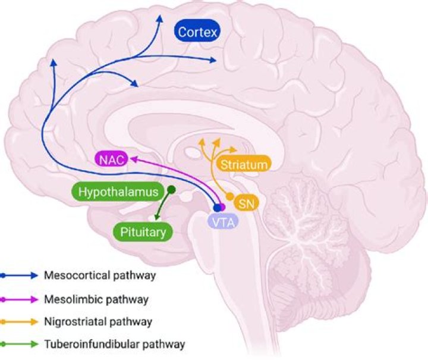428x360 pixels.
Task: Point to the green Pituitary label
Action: pyautogui.click(x=143, y=231)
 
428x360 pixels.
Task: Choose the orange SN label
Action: pyautogui.click(x=246, y=203)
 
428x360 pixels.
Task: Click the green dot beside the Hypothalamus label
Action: pyautogui.click(x=171, y=190)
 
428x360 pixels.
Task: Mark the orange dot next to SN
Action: pyautogui.click(x=229, y=196)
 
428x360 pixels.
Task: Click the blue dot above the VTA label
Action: pyautogui.click(x=218, y=208)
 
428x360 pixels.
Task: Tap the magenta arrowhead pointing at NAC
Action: pyautogui.click(x=134, y=158)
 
